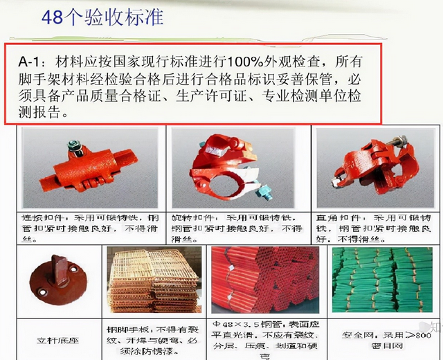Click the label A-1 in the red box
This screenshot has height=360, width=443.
tap(32, 62)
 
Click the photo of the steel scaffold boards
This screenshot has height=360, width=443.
tap(152, 280)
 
